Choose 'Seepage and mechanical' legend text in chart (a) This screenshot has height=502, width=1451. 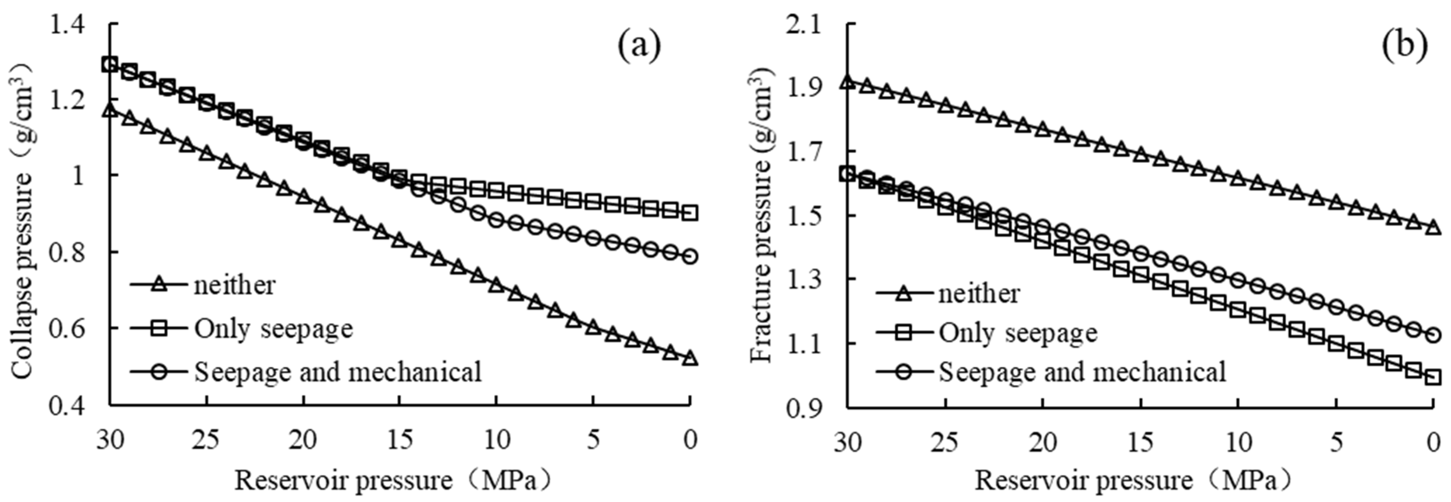338,372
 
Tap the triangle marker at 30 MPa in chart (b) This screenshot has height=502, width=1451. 847,82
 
